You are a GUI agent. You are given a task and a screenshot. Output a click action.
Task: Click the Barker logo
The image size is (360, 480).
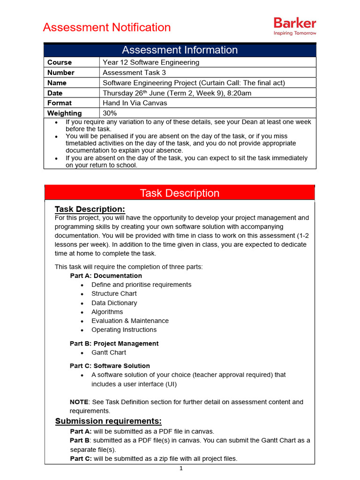click(294, 26)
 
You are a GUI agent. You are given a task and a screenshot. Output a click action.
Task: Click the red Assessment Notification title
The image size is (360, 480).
click(107, 27)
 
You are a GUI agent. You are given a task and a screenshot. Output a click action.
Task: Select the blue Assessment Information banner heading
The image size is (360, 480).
click(180, 50)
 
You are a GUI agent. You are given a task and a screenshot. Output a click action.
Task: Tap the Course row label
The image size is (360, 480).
click(60, 62)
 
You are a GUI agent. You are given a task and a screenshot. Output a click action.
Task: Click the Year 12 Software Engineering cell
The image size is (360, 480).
click(151, 62)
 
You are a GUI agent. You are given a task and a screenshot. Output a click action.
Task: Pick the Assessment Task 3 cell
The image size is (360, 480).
click(134, 73)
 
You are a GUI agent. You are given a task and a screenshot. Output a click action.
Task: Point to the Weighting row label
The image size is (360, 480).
click(64, 113)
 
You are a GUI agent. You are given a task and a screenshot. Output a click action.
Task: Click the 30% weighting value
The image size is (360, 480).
click(110, 113)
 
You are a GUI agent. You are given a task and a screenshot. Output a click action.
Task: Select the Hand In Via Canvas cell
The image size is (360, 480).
click(135, 103)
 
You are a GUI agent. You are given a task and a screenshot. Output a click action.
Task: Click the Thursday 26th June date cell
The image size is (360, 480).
click(177, 93)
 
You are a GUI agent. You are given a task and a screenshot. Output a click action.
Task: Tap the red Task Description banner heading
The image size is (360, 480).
click(180, 193)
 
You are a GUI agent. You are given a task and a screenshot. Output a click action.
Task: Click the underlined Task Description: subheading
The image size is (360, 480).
click(90, 209)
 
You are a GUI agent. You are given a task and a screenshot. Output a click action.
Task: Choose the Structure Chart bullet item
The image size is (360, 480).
click(114, 293)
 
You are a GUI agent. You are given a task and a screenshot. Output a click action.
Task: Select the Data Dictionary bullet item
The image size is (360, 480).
click(114, 303)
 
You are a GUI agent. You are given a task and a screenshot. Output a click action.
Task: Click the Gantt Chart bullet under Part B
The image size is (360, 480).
click(109, 352)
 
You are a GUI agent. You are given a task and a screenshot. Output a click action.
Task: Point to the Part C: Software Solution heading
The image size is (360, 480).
click(110, 366)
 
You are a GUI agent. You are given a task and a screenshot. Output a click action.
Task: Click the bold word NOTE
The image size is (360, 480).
click(79, 402)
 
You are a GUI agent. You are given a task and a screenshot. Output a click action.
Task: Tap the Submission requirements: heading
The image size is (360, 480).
click(108, 421)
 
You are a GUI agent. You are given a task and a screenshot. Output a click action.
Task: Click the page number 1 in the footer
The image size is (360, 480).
click(181, 469)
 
